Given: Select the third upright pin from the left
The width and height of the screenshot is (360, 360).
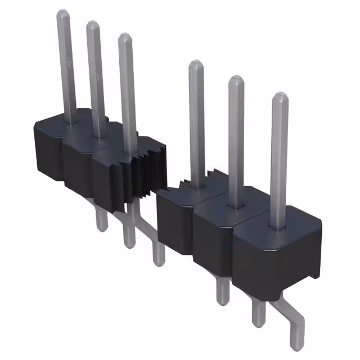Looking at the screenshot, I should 127,84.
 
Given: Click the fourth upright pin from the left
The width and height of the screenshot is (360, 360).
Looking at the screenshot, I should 196,112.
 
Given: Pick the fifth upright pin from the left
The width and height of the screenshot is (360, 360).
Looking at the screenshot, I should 236,129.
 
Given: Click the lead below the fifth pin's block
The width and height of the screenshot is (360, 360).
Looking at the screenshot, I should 256,315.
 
